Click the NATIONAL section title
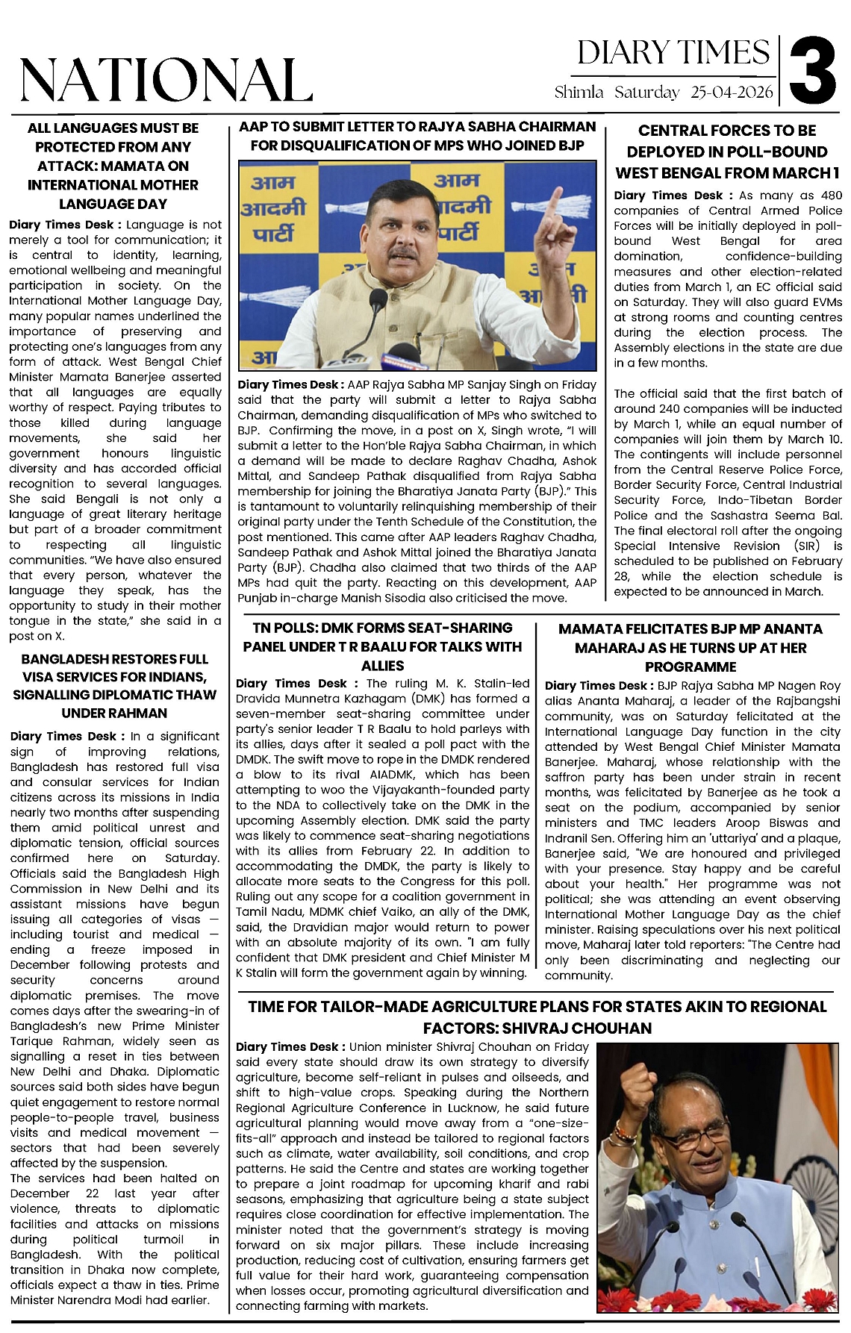(x=166, y=78)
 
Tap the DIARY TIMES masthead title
(x=673, y=53)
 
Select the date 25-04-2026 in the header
(x=732, y=93)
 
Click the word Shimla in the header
(x=579, y=93)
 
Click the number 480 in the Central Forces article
(x=831, y=196)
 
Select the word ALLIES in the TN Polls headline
(x=382, y=665)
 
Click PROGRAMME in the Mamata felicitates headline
(x=691, y=666)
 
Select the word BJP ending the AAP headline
(x=568, y=145)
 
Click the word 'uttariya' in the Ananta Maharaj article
(x=718, y=838)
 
